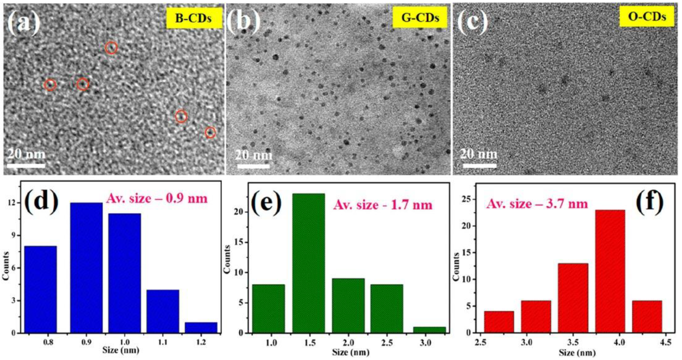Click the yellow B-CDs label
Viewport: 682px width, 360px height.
(194, 18)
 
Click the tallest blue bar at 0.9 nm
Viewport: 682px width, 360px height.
(86, 268)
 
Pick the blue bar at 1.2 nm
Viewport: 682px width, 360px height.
(201, 327)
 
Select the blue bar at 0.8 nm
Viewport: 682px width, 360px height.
(41, 289)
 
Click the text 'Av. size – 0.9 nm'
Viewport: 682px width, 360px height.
(157, 198)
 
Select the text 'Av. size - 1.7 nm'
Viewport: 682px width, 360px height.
(383, 205)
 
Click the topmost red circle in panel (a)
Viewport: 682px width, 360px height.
(111, 48)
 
